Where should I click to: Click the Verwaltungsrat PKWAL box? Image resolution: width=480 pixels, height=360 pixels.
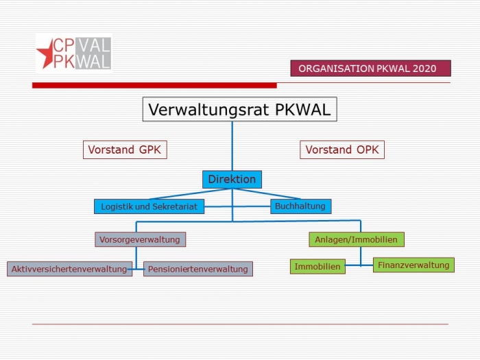click(240, 109)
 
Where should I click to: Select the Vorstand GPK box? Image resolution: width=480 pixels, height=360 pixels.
click(125, 149)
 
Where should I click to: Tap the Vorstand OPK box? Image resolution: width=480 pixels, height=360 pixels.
click(342, 149)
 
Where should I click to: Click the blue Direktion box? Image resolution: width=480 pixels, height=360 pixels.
click(232, 180)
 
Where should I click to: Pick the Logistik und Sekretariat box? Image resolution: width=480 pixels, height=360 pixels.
click(149, 206)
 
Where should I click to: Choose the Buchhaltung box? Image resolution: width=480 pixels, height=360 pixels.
click(300, 206)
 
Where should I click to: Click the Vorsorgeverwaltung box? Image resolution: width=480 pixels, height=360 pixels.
click(140, 239)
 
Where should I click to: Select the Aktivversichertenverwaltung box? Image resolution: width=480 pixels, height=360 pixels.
click(69, 269)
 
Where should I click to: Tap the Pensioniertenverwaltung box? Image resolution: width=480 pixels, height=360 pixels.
click(198, 269)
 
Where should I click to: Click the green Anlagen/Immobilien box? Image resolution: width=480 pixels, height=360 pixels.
click(357, 239)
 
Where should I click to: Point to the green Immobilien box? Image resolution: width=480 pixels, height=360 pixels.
click(317, 266)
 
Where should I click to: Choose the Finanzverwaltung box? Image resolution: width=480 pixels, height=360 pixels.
click(413, 265)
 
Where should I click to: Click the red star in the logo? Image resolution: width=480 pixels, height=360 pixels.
click(46, 54)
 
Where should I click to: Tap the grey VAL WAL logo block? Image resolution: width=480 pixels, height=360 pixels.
click(93, 53)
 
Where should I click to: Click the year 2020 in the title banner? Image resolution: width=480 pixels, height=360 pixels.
click(424, 69)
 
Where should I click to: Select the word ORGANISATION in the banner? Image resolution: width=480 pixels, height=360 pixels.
click(336, 69)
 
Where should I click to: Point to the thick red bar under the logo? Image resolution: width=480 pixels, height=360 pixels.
click(154, 86)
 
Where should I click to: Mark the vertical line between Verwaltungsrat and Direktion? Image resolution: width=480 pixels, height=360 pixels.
click(232, 146)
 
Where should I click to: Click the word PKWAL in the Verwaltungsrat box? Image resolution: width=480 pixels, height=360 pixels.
click(303, 109)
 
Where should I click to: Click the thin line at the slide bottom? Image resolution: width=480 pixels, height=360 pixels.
click(240, 324)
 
